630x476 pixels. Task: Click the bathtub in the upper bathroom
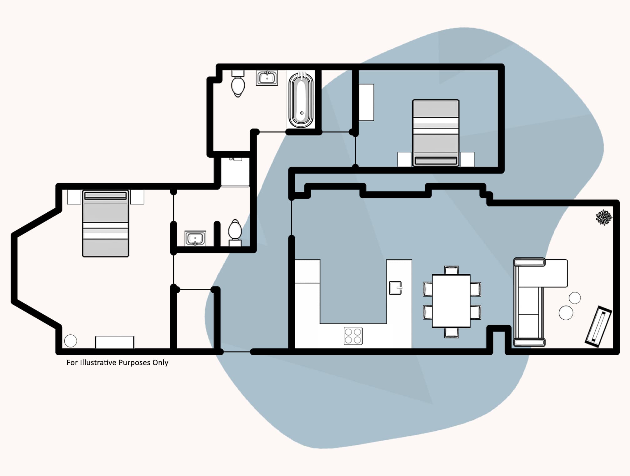coord(301,100)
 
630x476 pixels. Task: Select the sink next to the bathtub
coord(267,78)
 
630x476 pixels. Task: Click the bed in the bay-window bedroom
coord(106,224)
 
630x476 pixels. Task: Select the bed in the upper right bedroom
coord(436,133)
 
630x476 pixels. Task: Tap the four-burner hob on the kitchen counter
coord(353,336)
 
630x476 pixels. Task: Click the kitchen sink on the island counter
coord(395,288)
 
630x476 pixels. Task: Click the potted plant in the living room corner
coord(604,217)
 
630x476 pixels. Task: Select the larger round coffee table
coord(566,312)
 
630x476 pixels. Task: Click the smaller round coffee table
coord(575,298)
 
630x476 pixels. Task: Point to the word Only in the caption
coord(160,362)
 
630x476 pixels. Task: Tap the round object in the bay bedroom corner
coord(70,341)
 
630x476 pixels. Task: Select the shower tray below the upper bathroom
coord(235,172)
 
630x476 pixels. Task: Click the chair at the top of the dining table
coord(452,270)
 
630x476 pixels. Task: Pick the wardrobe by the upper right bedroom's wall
coord(366,102)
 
